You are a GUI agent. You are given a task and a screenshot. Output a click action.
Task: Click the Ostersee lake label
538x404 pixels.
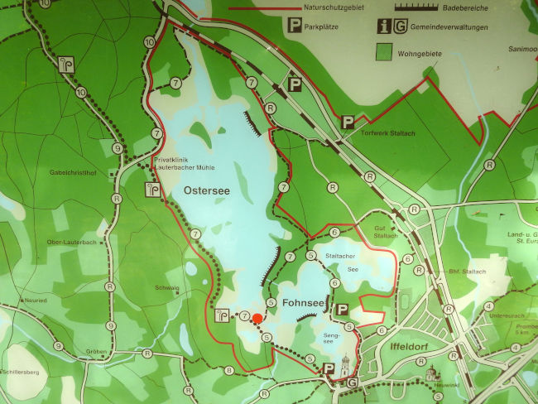pos(207,190)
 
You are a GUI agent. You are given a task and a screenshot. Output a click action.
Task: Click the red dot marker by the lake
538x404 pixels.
pos(257,318)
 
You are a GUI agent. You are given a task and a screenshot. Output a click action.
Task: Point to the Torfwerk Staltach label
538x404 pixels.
pos(388,133)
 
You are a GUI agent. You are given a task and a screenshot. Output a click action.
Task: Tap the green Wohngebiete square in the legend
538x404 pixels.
pos(383,51)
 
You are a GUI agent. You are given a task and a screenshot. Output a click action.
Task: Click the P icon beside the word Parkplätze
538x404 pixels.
pos(294,26)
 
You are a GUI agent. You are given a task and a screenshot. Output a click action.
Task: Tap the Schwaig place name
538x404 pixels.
pos(166,287)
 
